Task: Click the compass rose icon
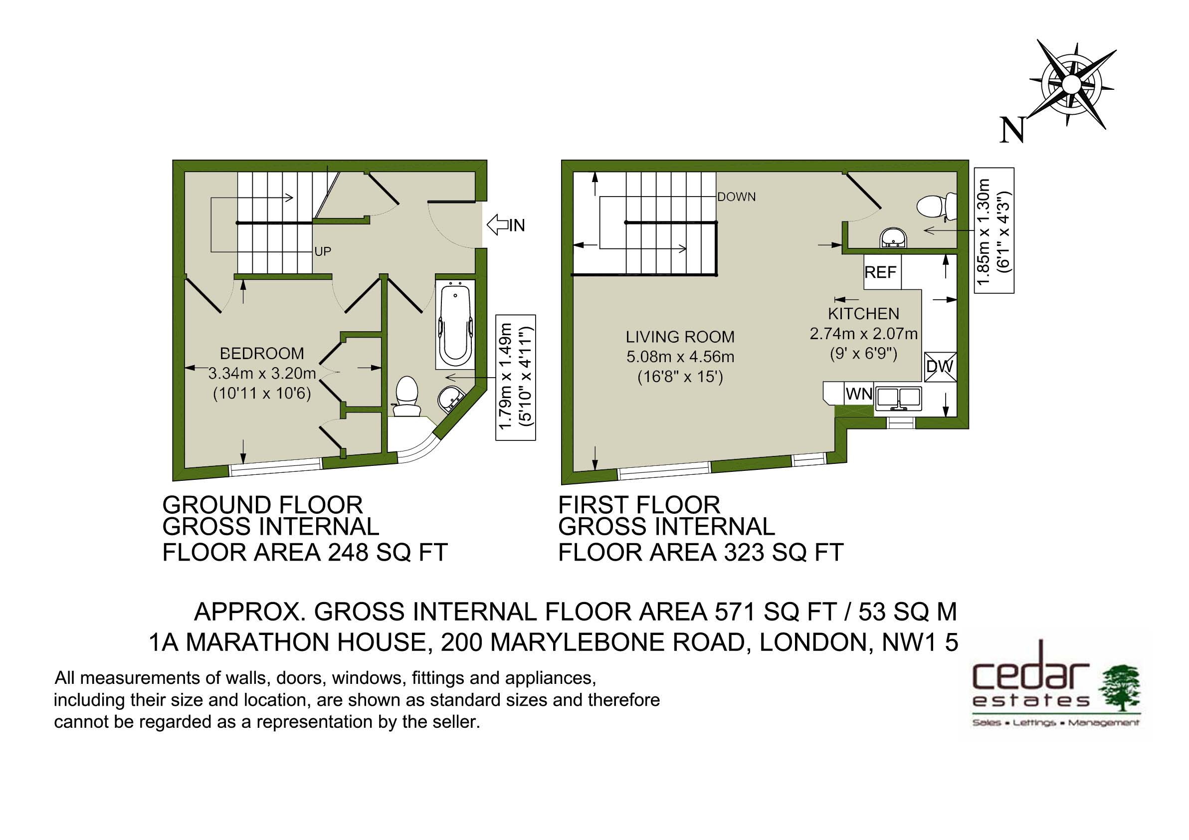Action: [1071, 84]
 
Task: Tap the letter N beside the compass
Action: [1012, 130]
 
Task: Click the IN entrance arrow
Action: [498, 225]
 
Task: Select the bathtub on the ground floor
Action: [455, 325]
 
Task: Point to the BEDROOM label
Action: [262, 353]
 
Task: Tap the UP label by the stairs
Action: [323, 252]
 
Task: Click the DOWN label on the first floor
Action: [737, 197]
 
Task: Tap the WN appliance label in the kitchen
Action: [859, 394]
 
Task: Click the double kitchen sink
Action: [898, 398]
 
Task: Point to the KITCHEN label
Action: [863, 314]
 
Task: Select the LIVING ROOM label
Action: [680, 337]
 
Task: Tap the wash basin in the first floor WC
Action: [893, 239]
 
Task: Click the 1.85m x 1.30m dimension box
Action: [994, 230]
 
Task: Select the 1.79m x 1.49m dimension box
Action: [515, 378]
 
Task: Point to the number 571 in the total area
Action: [733, 612]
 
